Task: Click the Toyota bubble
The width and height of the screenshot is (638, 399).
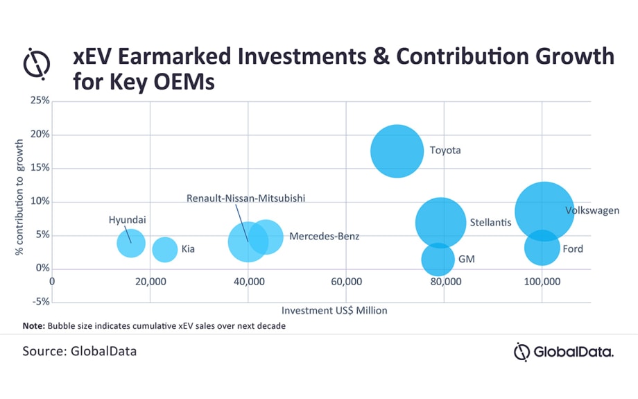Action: click(397, 151)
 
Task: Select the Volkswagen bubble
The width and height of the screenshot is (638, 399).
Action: click(544, 210)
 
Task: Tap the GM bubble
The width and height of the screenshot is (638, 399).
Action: click(438, 259)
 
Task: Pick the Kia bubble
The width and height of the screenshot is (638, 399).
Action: click(164, 249)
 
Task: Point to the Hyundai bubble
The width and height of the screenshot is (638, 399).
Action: click(131, 243)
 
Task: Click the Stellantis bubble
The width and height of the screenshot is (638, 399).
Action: click(440, 223)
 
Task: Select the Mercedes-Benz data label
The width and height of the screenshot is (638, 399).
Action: click(325, 237)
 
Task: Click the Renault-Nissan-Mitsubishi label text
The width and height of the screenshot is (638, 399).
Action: click(245, 198)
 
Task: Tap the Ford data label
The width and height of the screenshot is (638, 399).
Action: click(573, 248)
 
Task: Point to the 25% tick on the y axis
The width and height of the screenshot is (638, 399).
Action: click(40, 101)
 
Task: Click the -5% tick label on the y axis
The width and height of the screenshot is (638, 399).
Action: click(40, 302)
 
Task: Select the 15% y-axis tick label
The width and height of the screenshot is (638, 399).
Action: click(40, 168)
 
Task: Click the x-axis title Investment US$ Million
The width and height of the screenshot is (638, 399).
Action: click(334, 310)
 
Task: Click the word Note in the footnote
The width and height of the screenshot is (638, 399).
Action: click(33, 325)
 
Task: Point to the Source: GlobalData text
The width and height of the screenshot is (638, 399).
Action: click(80, 351)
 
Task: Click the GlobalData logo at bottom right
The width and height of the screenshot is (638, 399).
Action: click(563, 353)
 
